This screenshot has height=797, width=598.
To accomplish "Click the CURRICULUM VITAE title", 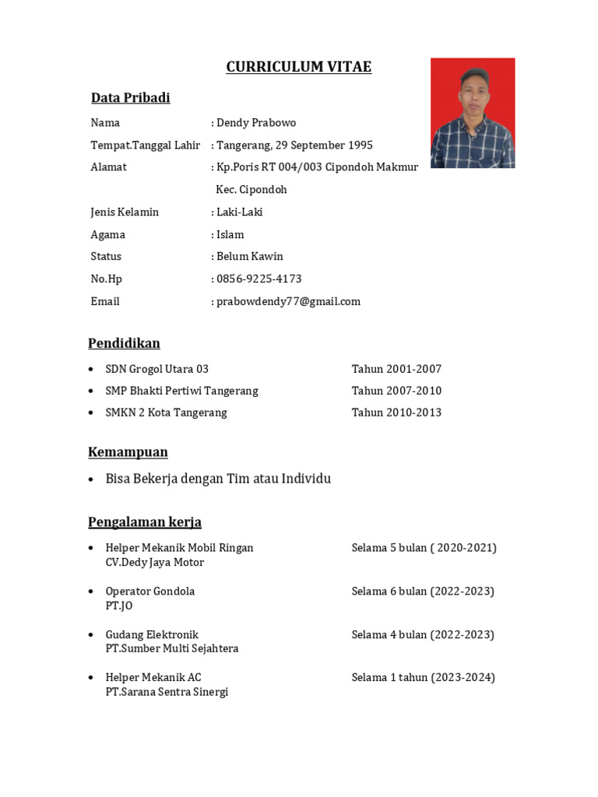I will tap(298, 68).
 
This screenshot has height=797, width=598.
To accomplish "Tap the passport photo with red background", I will tap(473, 113).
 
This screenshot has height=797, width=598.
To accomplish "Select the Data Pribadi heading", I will tap(130, 98).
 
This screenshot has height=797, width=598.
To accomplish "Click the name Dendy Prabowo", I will tap(256, 123).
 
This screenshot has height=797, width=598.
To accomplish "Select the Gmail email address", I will tap(288, 302).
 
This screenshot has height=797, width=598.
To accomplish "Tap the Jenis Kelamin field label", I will tap(125, 212).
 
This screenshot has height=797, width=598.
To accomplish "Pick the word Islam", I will tap(230, 235).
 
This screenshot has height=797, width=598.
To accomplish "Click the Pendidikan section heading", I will tap(124, 343).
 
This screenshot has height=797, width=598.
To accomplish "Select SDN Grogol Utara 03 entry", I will tap(157, 369).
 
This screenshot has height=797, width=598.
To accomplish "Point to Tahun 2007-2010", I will tap(396, 391).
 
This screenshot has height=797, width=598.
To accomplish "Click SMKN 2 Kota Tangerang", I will tap(166, 413).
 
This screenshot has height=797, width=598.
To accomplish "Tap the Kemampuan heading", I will tap(128, 452).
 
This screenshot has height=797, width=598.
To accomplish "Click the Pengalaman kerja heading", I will tap(145, 522).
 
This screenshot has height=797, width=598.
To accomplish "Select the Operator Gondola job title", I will tap(149, 592).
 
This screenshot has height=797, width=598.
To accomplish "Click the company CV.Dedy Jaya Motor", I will tap(154, 562).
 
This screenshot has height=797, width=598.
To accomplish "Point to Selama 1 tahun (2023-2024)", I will tap(423, 678).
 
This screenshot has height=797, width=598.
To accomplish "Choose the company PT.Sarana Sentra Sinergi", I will tap(167, 692).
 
